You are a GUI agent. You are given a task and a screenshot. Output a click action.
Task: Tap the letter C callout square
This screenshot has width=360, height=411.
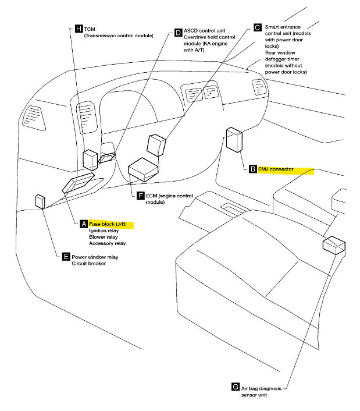click(257, 27)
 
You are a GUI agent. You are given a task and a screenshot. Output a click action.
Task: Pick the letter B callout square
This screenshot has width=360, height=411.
click(252, 169)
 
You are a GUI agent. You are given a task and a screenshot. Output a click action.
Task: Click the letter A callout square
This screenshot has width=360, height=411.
click(84, 224)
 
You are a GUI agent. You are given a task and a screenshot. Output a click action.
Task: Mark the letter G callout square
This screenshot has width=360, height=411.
click(235, 387)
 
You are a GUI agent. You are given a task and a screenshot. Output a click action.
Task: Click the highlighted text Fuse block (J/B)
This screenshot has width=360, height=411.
click(111, 224)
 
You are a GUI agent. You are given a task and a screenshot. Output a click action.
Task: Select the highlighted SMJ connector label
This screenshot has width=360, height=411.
click(284, 169)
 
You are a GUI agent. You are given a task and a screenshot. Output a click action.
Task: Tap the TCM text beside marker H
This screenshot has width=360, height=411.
click(90, 28)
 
